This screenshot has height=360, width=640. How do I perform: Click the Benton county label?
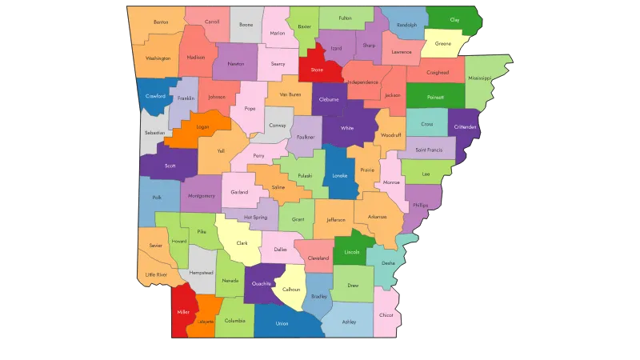[161, 22]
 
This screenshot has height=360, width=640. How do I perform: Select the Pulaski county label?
[305, 175]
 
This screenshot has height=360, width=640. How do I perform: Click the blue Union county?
[282, 323]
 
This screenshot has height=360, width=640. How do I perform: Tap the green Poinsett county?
[435, 98]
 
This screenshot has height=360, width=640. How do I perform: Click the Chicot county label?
[386, 315]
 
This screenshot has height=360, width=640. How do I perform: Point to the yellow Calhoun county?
[291, 290]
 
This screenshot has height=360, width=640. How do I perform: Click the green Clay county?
[454, 18]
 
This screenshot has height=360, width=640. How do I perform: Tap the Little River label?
[156, 274]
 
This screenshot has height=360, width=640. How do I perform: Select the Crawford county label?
[155, 96]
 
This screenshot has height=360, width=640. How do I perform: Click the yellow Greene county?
[442, 44]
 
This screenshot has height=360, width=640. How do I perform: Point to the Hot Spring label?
[255, 217]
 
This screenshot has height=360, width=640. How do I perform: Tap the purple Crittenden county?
[465, 126]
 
